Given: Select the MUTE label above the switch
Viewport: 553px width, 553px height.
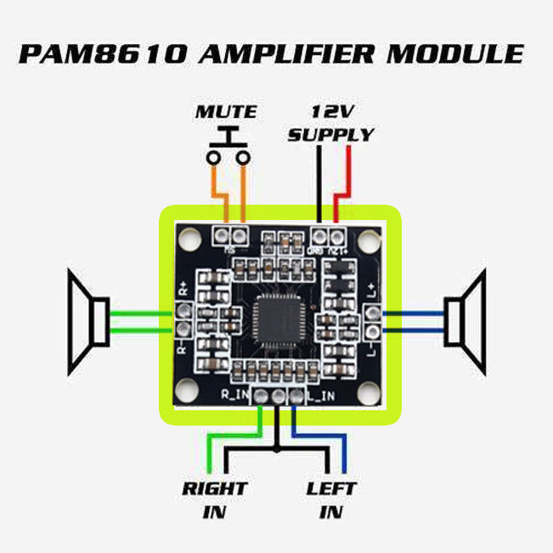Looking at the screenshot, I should click(x=226, y=112).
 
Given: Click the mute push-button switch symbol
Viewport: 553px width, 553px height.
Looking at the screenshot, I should click(x=227, y=149).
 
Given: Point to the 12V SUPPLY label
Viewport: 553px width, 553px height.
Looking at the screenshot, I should click(x=330, y=123).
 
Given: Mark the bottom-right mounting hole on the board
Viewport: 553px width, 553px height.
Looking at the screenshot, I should click(x=368, y=394).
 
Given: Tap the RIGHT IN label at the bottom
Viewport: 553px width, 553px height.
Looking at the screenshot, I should click(x=214, y=500).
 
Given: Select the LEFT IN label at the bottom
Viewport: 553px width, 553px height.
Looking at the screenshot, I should click(x=331, y=500).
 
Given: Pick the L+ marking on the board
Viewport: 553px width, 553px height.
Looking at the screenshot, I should click(x=371, y=291).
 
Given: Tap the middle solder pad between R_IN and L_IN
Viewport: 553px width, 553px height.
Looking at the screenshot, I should click(x=277, y=397).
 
